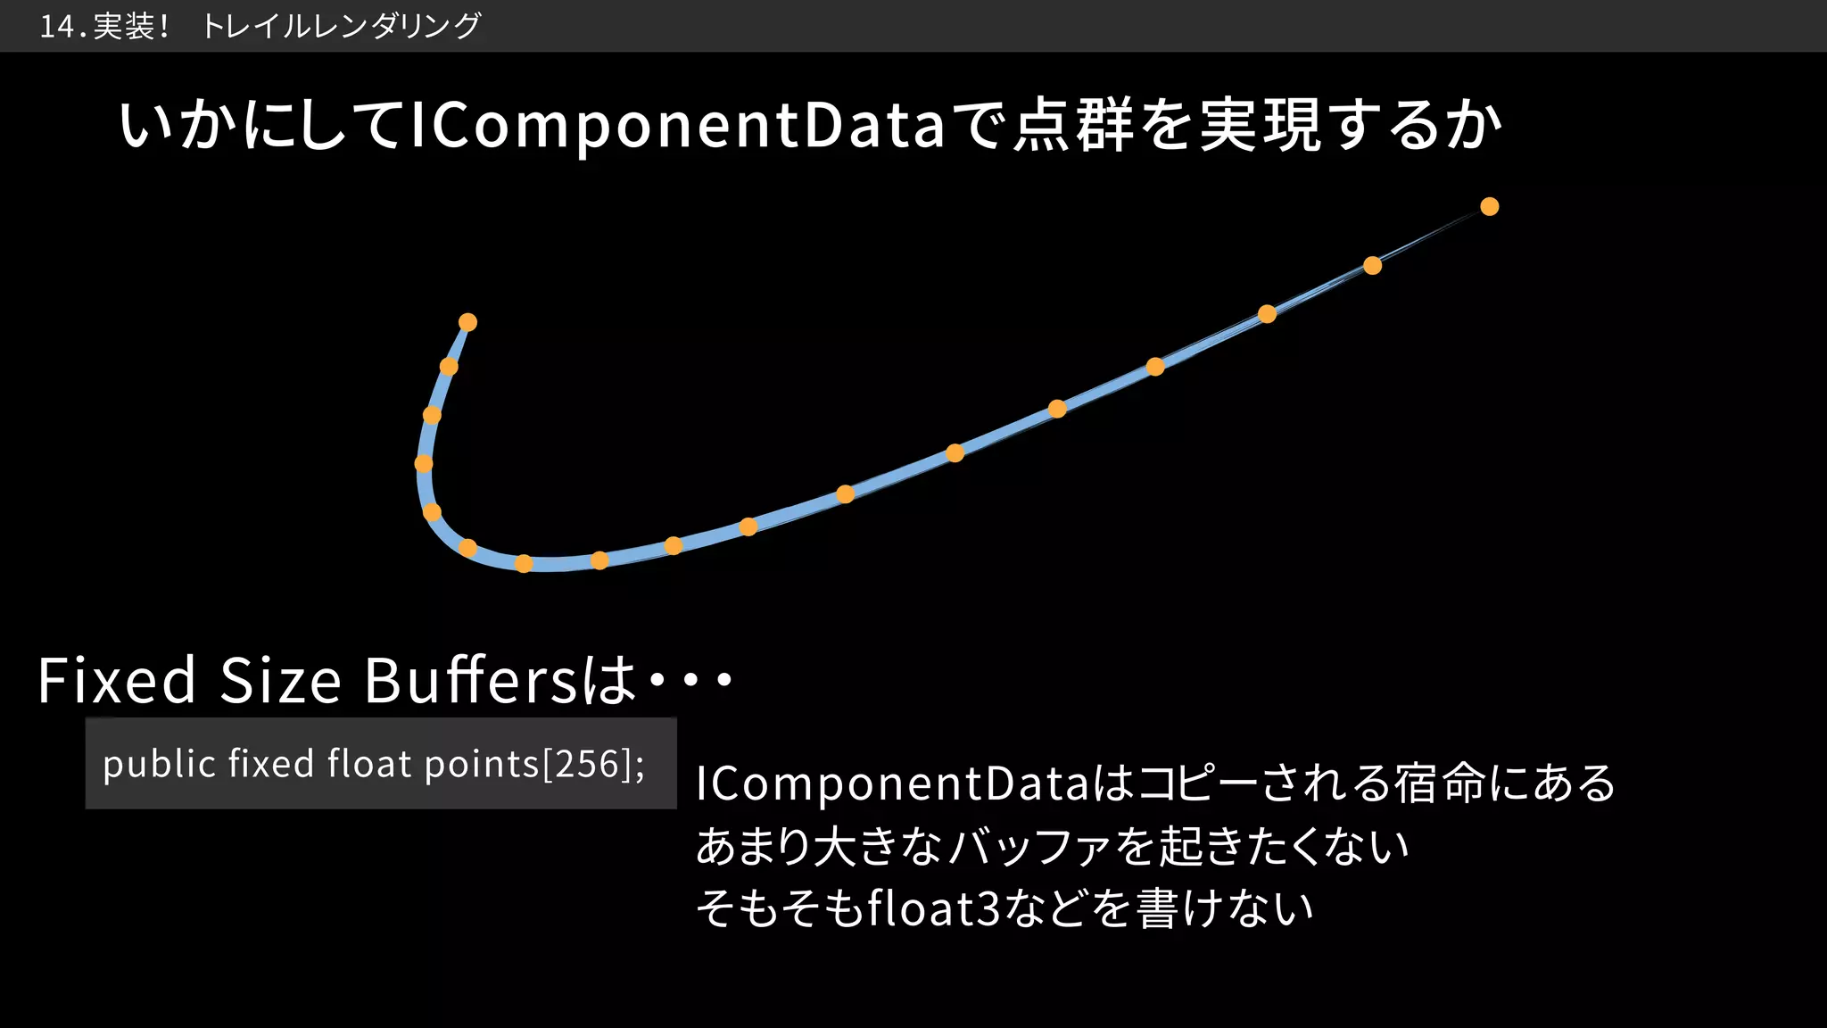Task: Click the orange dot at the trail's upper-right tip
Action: click(1489, 207)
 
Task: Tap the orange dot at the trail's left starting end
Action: click(467, 322)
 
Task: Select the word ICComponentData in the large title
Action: click(677, 126)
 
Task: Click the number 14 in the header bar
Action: click(57, 27)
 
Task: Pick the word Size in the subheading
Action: click(280, 681)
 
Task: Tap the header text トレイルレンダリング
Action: click(341, 27)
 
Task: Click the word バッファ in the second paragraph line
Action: click(1028, 846)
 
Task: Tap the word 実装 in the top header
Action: click(124, 27)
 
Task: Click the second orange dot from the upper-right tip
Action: click(1372, 266)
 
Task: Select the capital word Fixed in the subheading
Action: click(116, 681)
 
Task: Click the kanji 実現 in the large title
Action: click(1259, 126)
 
